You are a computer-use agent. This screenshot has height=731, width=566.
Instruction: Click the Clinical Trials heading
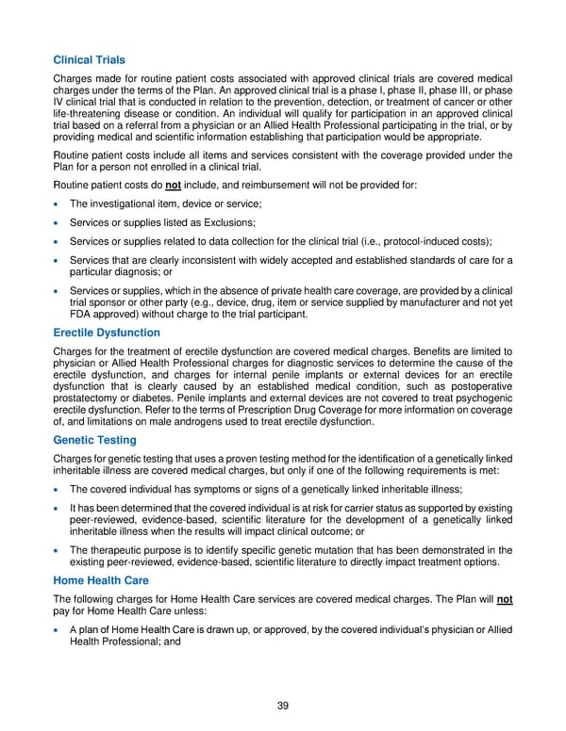(90, 60)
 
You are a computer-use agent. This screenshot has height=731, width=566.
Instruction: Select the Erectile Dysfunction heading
(107, 333)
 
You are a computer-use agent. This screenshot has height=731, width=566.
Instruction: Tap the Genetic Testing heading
(94, 440)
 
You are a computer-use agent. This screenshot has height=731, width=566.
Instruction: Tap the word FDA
(83, 315)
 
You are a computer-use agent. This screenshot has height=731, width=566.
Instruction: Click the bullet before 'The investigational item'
(59, 203)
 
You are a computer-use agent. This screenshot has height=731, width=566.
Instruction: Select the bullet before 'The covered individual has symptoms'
(59, 489)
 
